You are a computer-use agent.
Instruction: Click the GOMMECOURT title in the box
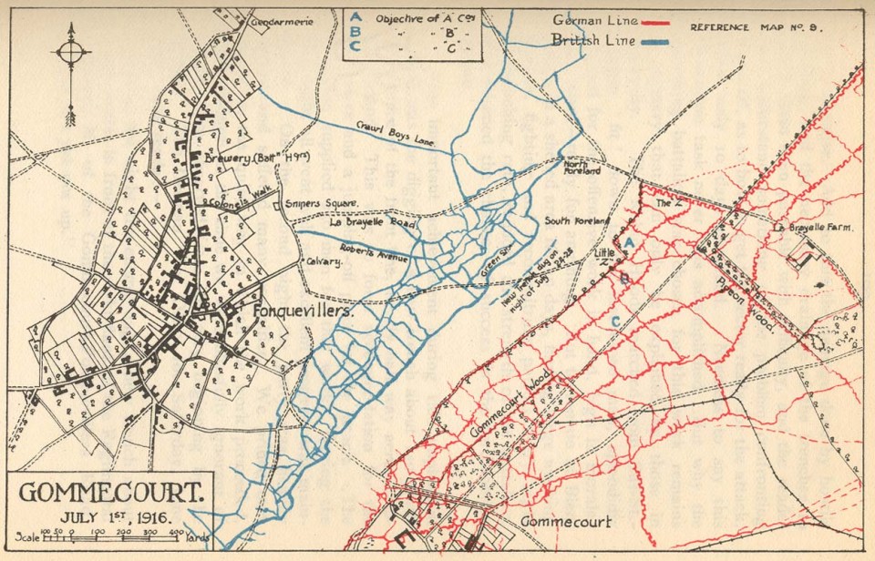pos(109,493)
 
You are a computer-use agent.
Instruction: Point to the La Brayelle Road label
pos(373,222)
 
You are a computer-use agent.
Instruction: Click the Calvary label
pos(324,262)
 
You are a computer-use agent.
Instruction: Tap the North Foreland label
pos(581,166)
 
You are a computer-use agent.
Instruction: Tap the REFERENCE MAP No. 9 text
pos(757,26)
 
